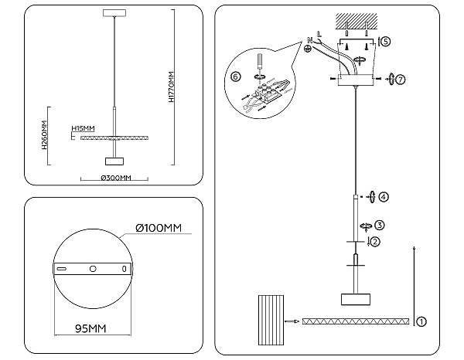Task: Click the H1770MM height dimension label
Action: [x=171, y=91]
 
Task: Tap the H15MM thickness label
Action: [x=83, y=128]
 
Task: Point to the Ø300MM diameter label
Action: [x=116, y=178]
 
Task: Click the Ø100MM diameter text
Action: [x=157, y=228]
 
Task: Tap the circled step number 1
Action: [x=421, y=320]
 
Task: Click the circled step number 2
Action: [x=375, y=241]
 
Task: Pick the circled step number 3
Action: [x=380, y=226]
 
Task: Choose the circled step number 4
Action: [x=384, y=196]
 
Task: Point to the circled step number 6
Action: [x=236, y=76]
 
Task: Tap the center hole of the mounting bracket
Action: [x=92, y=269]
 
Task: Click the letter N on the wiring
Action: [x=310, y=39]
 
